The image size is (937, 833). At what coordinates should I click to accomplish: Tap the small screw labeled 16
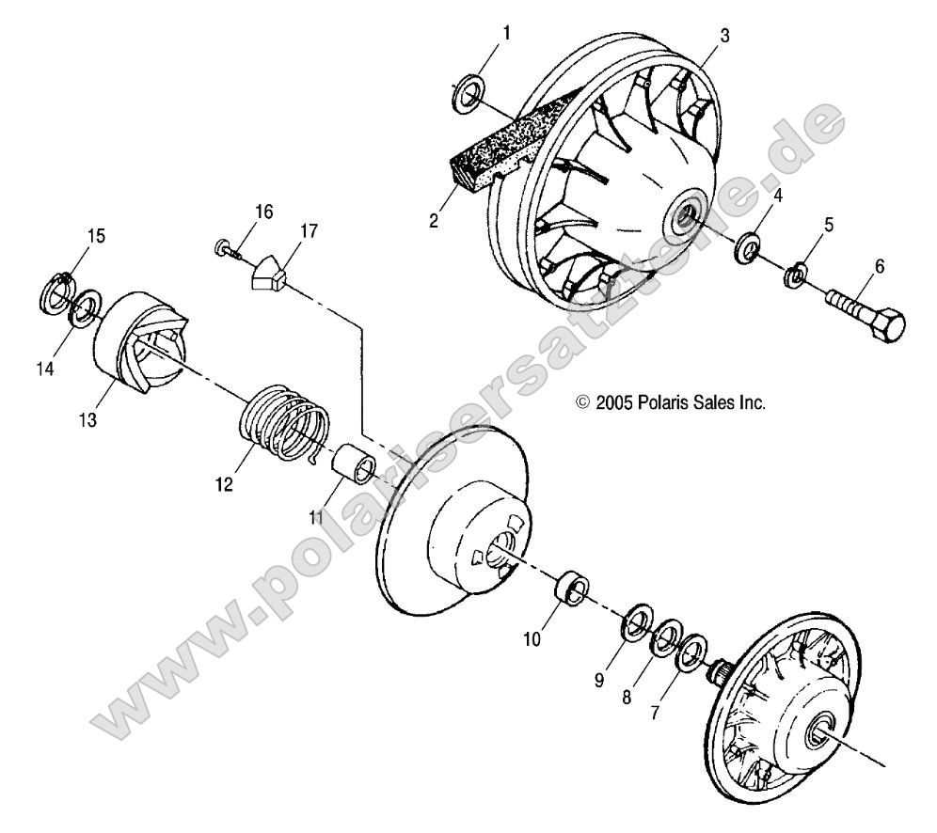[x=223, y=248]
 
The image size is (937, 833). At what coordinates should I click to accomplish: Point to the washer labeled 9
[x=640, y=623]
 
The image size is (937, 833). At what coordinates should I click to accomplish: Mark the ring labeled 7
[x=694, y=651]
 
